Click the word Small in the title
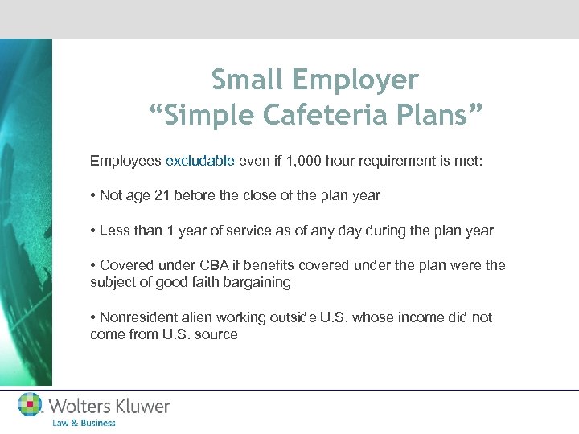[248, 80]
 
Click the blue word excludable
[199, 161]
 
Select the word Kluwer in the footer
[142, 406]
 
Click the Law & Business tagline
[84, 423]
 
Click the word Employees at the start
[125, 161]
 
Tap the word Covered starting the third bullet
[125, 265]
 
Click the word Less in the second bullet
[114, 231]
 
